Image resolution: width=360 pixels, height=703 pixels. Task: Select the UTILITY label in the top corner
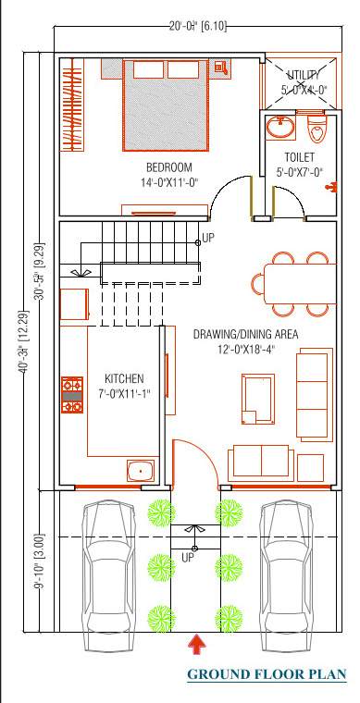303,74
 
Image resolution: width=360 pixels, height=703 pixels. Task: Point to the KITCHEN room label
123,379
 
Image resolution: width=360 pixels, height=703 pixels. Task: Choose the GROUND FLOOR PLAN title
267,674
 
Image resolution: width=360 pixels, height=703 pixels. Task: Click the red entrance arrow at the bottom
195,643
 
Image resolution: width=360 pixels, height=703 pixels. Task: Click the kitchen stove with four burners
72,395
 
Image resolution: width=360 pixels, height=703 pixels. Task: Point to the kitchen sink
140,470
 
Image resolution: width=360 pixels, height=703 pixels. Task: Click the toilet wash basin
279,126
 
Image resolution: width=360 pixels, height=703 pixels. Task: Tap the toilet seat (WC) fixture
317,128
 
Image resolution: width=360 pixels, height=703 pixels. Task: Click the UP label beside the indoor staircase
208,238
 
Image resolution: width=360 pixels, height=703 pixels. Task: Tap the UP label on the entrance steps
188,558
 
